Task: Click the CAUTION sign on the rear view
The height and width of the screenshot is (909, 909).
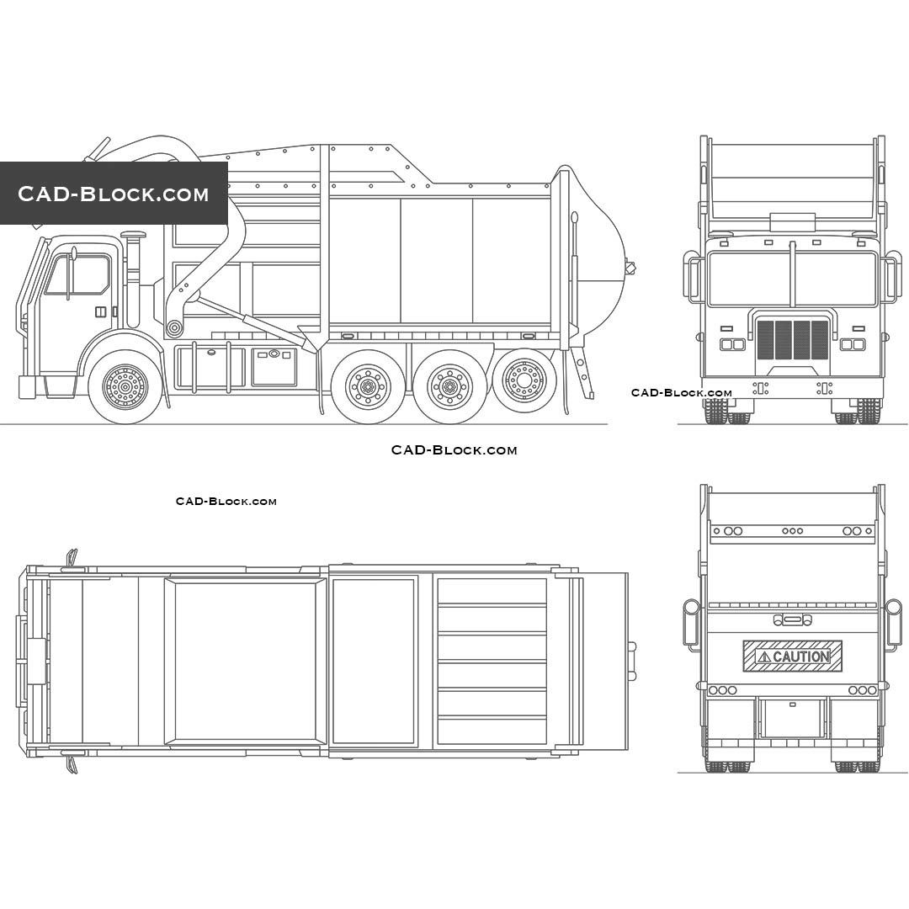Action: pos(792,656)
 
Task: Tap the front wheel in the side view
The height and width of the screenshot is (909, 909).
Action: pos(125,385)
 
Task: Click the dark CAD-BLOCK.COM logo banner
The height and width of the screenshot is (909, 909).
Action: pos(114,193)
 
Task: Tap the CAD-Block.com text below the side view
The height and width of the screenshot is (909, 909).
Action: pos(454,449)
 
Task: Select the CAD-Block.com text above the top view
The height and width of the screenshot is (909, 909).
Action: pos(226,501)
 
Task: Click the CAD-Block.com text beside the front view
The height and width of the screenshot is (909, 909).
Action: pos(681,392)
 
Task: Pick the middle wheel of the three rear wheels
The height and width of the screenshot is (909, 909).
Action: pos(449,386)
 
